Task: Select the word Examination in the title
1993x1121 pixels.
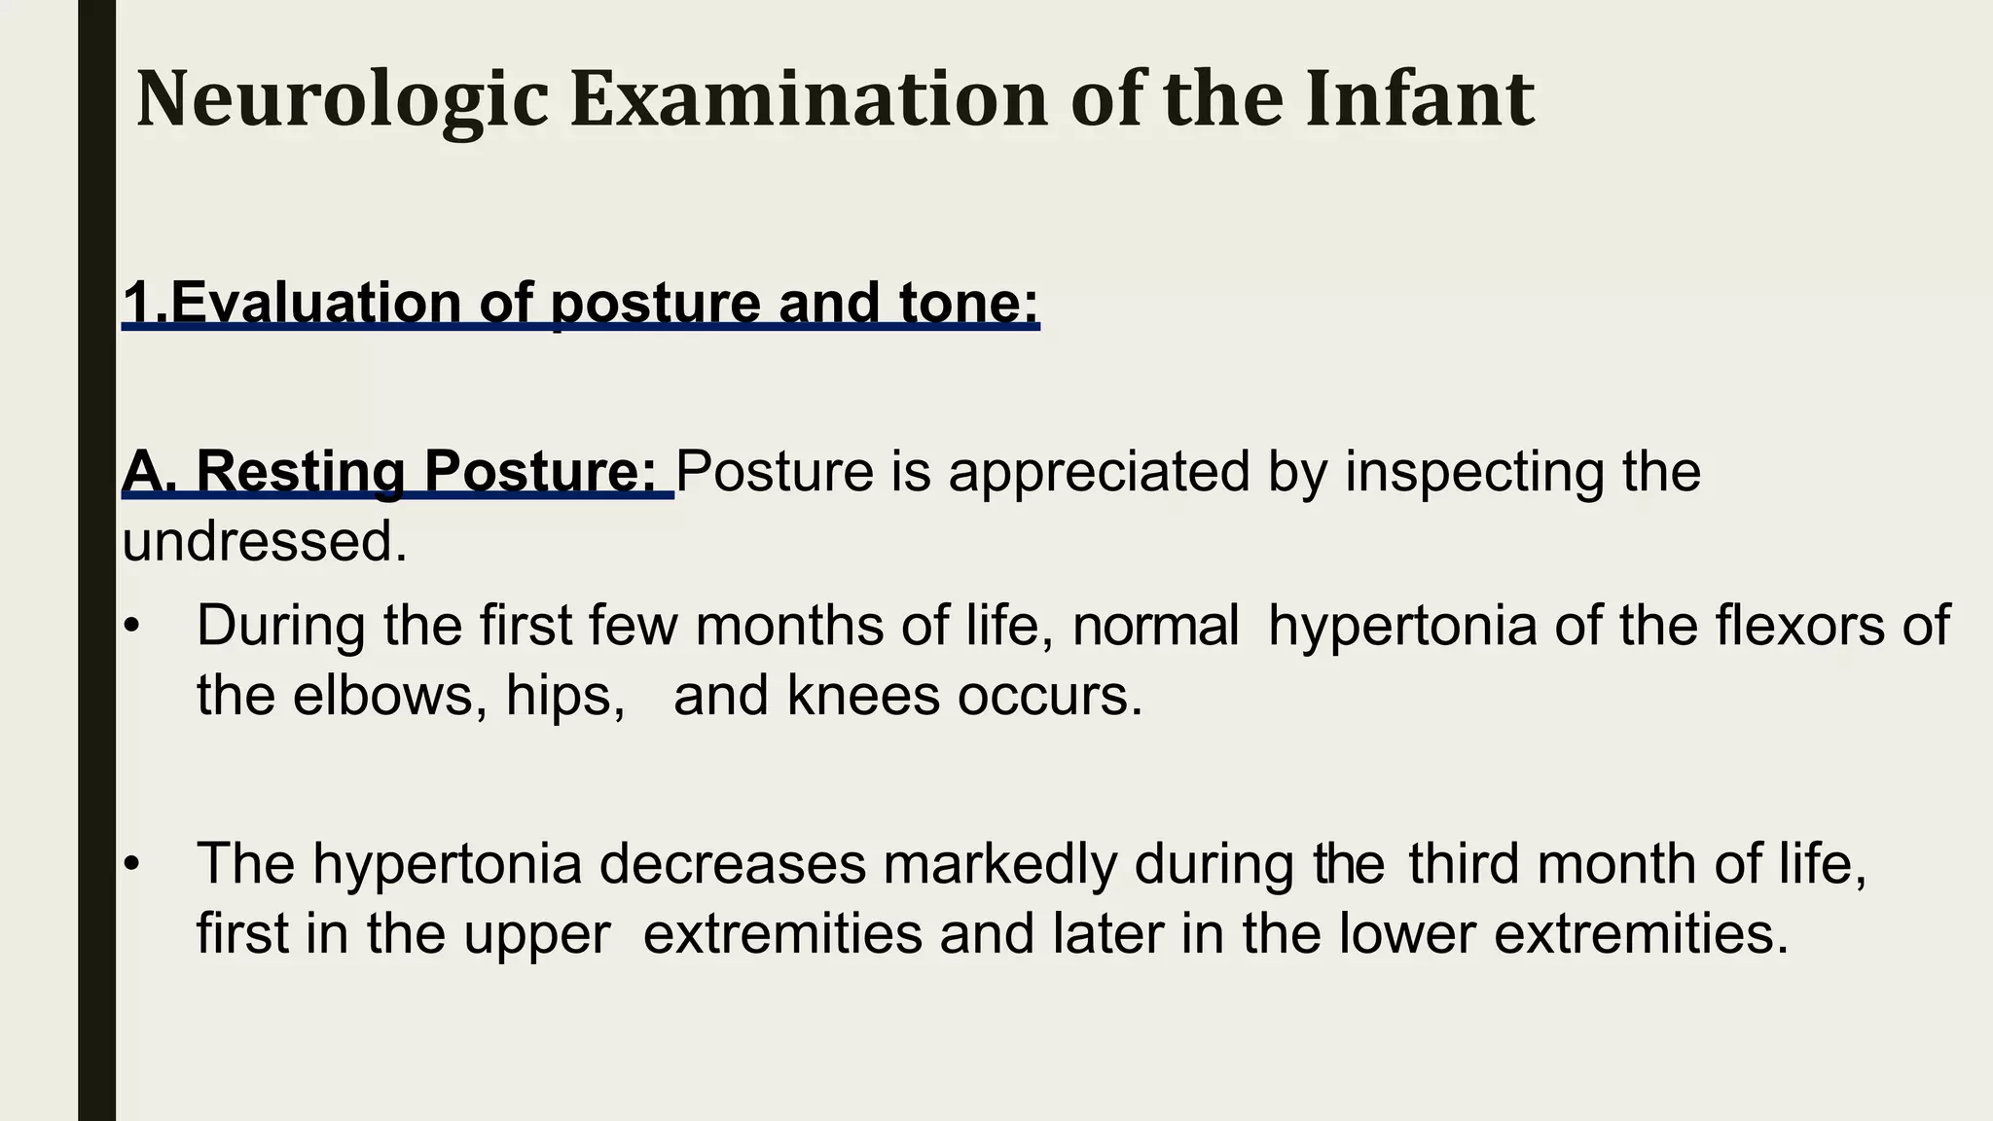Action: pos(809,99)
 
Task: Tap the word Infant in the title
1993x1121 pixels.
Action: pos(1420,99)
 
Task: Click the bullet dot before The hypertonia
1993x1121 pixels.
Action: pos(133,863)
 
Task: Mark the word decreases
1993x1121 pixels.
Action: pos(732,863)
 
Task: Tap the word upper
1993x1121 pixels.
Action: pos(536,934)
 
